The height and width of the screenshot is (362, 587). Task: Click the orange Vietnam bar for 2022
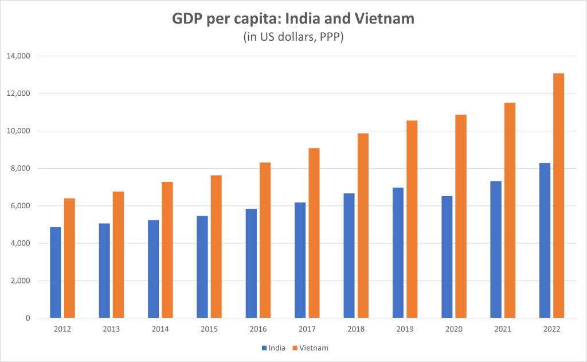pos(558,196)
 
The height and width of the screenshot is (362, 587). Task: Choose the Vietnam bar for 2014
pos(167,250)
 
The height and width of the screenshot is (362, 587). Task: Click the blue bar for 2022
pos(545,240)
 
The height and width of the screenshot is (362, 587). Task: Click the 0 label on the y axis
pos(28,318)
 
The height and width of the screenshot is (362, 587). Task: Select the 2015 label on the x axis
pos(209,329)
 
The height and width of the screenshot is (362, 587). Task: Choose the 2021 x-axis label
pos(503,329)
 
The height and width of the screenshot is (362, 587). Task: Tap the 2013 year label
pos(111,329)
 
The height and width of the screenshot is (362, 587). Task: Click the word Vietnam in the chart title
pos(386,19)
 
